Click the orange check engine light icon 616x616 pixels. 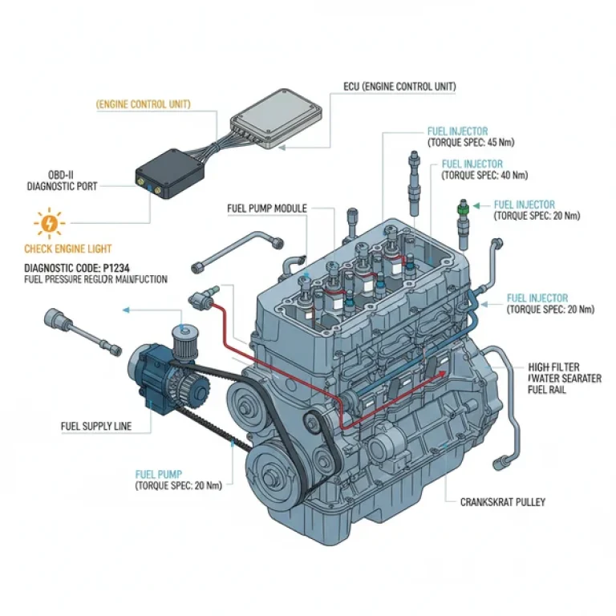(49, 222)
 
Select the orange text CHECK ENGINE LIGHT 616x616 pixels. (68, 249)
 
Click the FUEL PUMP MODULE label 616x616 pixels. (267, 209)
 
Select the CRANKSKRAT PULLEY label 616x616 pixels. (503, 502)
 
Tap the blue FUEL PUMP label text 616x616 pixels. (159, 474)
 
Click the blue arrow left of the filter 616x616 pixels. (136, 309)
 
